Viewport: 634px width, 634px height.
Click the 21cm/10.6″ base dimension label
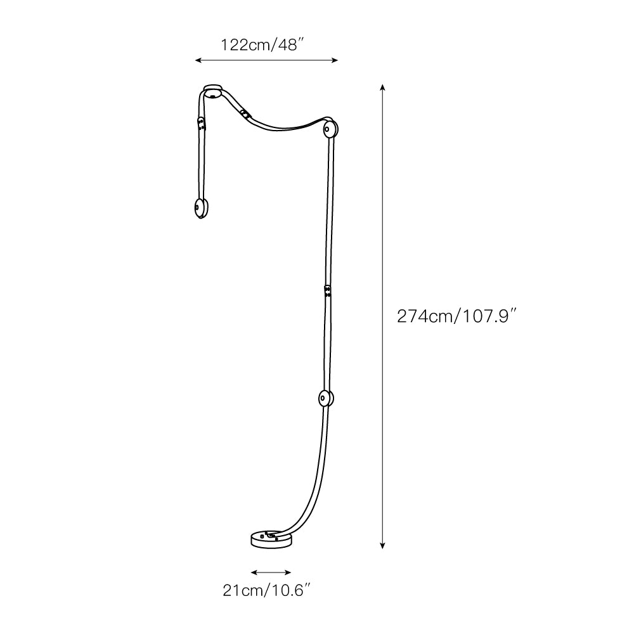(266, 591)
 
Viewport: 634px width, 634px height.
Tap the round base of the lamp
(271, 540)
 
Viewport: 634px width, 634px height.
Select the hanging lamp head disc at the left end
(200, 209)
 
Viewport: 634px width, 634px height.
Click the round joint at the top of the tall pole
(330, 129)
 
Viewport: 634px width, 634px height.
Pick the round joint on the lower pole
(325, 399)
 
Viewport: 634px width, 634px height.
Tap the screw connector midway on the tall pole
(327, 291)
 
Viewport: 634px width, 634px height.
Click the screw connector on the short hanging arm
(202, 124)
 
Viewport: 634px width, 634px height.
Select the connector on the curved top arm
(244, 113)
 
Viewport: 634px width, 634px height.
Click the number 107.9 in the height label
(485, 316)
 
